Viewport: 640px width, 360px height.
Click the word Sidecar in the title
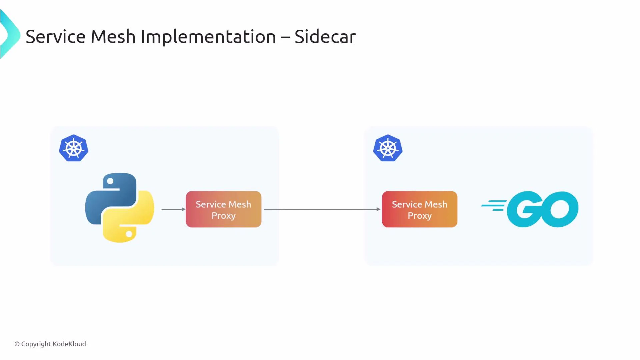[325, 37]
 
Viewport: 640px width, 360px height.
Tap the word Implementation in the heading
[208, 37]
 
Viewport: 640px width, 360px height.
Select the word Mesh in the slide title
[113, 37]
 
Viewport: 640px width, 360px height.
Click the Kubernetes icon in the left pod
[74, 148]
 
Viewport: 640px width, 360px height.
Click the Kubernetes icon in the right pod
[388, 148]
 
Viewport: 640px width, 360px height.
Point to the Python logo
[119, 207]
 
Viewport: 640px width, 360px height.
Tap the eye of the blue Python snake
[110, 181]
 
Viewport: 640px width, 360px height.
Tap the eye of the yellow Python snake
[129, 234]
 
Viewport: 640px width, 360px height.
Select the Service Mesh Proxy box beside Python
[223, 209]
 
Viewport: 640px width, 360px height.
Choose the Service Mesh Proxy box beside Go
[419, 209]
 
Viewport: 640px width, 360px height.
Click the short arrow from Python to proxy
[173, 209]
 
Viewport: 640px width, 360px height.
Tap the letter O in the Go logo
[560, 209]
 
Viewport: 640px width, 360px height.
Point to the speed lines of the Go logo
[493, 205]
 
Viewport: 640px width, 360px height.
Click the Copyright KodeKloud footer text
[50, 344]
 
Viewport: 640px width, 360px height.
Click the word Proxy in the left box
[223, 216]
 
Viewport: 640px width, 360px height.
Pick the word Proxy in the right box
[419, 216]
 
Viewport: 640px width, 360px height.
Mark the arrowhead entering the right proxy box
[378, 209]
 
